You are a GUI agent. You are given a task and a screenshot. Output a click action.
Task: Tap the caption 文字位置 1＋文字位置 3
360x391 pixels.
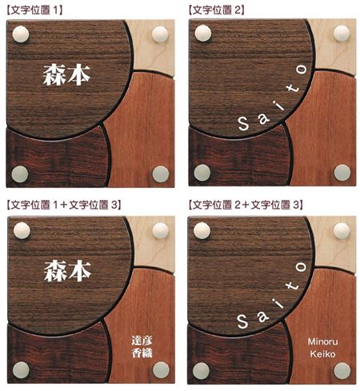coord(63,205)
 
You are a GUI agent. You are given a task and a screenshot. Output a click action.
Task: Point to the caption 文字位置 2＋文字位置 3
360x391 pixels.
coord(245,205)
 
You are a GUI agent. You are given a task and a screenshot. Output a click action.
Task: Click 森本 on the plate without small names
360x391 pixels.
coord(66,75)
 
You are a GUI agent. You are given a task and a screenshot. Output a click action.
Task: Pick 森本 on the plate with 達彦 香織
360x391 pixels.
coord(66,269)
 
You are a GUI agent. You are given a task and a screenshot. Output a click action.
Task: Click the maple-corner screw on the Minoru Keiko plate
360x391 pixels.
coord(342,229)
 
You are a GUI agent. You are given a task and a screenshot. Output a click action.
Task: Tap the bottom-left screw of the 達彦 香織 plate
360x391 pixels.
coord(20,369)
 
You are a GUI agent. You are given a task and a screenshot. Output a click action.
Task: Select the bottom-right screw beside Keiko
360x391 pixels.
coord(342,370)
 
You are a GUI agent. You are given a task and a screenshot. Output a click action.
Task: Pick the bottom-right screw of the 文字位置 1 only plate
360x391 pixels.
coord(161,174)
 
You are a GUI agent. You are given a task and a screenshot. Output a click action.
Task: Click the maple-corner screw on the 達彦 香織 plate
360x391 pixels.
coord(160,229)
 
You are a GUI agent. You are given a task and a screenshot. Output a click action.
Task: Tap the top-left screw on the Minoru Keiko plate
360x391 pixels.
coord(202,230)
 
